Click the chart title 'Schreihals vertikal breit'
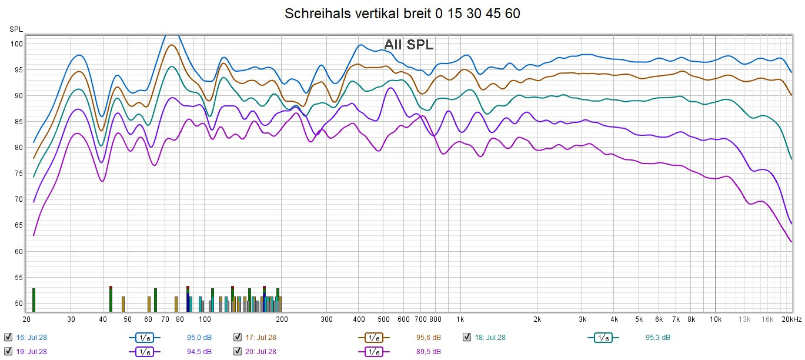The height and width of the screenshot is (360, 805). click(402, 14)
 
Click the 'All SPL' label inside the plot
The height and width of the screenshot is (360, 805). click(409, 45)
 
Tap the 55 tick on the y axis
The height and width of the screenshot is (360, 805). click(18, 277)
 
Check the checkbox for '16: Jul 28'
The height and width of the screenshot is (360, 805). click(8, 337)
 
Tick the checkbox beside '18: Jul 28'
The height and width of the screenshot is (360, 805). click(467, 337)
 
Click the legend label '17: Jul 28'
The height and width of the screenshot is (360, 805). click(260, 337)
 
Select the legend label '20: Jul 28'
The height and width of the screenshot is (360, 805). click(260, 351)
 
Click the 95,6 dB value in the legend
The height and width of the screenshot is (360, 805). click(429, 337)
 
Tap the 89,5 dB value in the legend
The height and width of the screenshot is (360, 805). click(429, 351)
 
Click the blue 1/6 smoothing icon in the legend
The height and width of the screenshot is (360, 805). click(143, 337)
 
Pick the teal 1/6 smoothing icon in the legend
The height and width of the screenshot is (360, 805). click(602, 337)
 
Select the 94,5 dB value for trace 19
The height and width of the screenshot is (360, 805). click(199, 351)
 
